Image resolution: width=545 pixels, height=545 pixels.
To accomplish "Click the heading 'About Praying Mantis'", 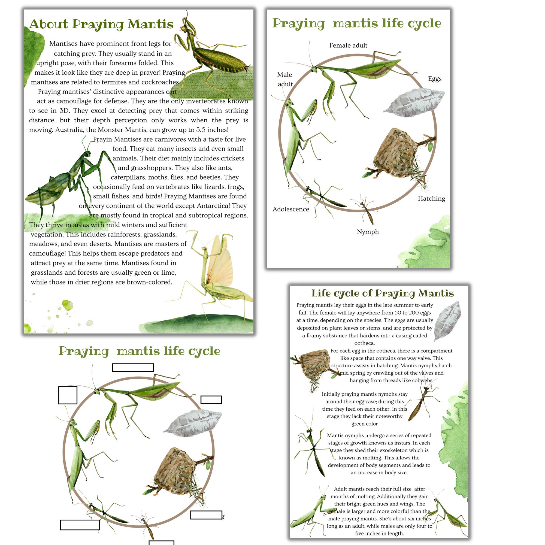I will [101, 24].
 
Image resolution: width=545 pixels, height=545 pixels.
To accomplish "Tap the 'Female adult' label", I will [348, 46].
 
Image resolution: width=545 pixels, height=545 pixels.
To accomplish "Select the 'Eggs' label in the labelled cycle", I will [434, 79].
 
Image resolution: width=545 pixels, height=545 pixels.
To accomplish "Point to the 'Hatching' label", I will [431, 199].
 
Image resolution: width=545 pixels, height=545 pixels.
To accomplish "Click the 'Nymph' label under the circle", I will [368, 232].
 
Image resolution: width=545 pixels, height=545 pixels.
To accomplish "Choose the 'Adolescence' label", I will [290, 209].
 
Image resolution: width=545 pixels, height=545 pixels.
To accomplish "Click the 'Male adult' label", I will [285, 79].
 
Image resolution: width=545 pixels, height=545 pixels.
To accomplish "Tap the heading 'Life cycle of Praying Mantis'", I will [382, 293].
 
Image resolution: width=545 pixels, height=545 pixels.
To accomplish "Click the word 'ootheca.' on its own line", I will [364, 343].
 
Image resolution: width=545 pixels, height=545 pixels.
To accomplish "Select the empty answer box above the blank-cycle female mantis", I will [133, 368].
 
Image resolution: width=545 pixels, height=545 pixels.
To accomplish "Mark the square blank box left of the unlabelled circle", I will [68, 395].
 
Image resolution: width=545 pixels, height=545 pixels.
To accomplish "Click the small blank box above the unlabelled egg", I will [211, 400].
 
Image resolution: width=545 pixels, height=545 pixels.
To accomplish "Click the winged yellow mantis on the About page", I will [217, 271].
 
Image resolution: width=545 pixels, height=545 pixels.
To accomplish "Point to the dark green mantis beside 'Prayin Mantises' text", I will [71, 178].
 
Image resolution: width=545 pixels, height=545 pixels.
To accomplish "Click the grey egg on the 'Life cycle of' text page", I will [447, 320].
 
